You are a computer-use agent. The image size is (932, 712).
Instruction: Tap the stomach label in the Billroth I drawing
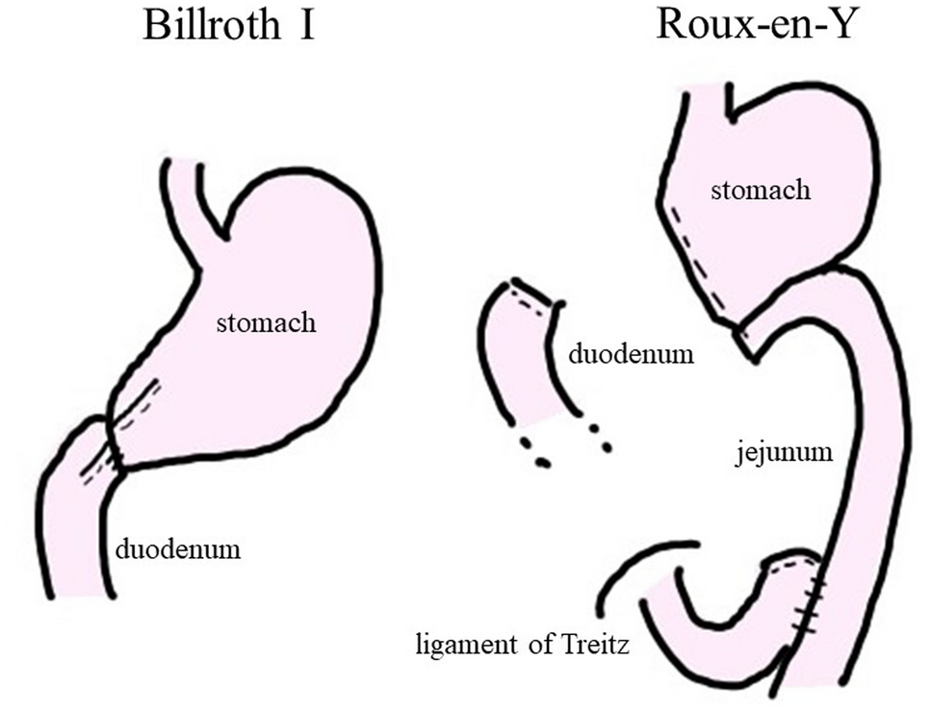(266, 321)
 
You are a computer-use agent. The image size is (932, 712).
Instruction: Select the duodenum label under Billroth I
(177, 550)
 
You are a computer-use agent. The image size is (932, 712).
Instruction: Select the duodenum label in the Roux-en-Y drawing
(631, 354)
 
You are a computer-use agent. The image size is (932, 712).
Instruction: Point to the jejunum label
(779, 450)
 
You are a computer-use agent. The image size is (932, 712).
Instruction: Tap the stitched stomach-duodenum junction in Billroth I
(114, 443)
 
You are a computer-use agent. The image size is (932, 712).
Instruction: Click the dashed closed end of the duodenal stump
(533, 295)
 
